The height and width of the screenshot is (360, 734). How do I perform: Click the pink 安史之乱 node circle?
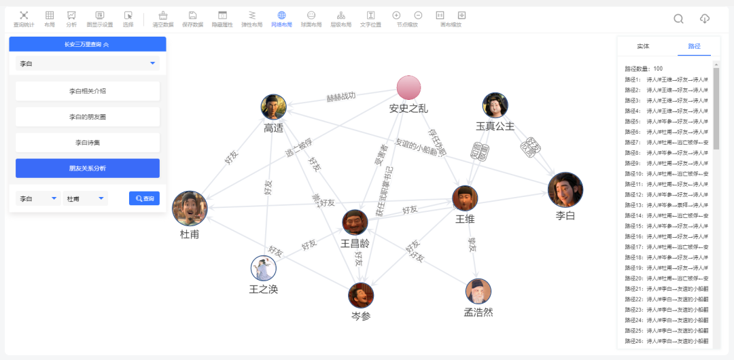(x=409, y=88)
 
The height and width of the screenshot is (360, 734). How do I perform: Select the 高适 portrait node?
(x=273, y=107)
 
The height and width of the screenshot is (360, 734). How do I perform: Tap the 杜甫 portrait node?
(x=190, y=209)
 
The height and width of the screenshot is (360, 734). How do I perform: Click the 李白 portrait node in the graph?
(x=565, y=190)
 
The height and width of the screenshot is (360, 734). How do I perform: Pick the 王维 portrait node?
(x=466, y=197)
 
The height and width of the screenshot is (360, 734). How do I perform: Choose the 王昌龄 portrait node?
(x=355, y=222)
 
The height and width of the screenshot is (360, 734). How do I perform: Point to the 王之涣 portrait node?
(x=264, y=268)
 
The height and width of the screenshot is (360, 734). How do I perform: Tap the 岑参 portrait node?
(x=361, y=295)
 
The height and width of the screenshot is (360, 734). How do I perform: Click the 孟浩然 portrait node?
(x=478, y=291)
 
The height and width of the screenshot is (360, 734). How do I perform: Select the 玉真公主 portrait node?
(x=495, y=105)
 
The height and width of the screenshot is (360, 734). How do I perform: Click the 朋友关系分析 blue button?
(x=88, y=168)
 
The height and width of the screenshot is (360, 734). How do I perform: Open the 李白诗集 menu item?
(x=88, y=143)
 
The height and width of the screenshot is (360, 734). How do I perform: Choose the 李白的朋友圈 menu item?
(x=88, y=117)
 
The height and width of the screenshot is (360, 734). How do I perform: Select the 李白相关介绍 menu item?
(x=88, y=91)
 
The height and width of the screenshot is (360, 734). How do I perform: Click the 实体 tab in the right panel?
(x=643, y=46)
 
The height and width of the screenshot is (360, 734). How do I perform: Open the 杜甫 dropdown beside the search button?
(x=85, y=198)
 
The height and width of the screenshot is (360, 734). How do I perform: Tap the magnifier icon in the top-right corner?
(x=678, y=18)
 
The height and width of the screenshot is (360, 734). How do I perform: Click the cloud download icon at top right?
(x=705, y=18)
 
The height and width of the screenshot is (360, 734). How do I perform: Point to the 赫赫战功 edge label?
(x=341, y=97)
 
